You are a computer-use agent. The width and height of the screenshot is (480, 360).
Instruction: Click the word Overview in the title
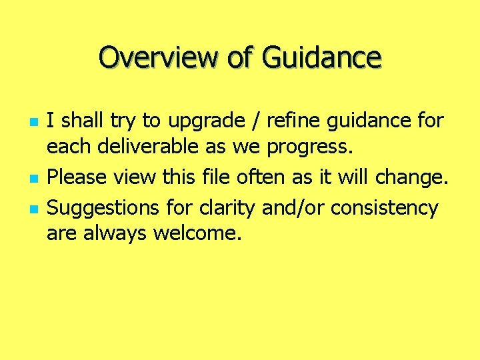158,57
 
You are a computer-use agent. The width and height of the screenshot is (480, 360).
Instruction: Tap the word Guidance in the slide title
321,57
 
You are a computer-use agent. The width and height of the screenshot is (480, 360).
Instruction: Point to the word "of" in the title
239,57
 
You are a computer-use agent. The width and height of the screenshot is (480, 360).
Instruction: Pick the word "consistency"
385,208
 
